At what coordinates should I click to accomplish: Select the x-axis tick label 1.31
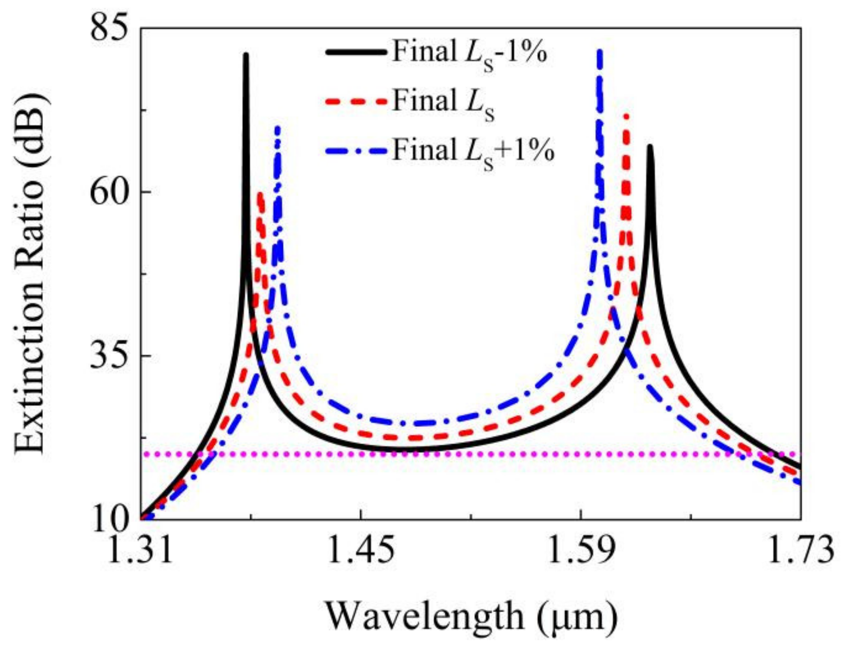[x=142, y=550]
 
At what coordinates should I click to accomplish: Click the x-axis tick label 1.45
[x=361, y=550]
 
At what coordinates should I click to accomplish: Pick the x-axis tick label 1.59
[x=581, y=550]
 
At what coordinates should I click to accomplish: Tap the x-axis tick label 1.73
[x=801, y=550]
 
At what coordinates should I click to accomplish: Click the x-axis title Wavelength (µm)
[x=471, y=617]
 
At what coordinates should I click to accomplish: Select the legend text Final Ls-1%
[x=469, y=53]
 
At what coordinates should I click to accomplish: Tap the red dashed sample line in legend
[x=356, y=101]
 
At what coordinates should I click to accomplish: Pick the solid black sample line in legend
[x=356, y=53]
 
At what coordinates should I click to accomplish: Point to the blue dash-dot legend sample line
[x=356, y=150]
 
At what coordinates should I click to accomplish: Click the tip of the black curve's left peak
[x=246, y=55]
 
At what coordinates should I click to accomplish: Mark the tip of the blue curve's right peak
[x=600, y=51]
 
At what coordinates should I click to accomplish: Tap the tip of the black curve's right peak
[x=650, y=146]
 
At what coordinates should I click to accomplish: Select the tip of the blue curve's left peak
[x=277, y=128]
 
